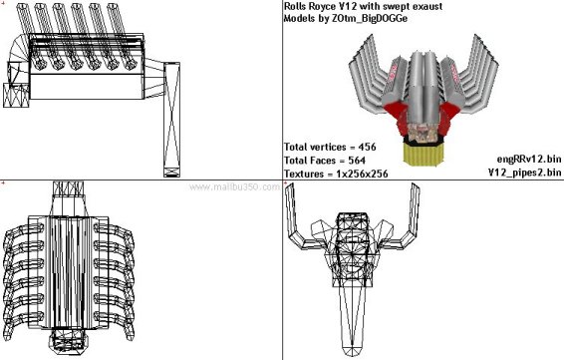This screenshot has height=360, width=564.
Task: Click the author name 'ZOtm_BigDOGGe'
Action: pyautogui.click(x=371, y=18)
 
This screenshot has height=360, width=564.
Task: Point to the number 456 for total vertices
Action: pyautogui.click(x=368, y=147)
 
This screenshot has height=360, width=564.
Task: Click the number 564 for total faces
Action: pyautogui.click(x=357, y=161)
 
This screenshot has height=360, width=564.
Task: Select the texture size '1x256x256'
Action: pyautogui.click(x=362, y=174)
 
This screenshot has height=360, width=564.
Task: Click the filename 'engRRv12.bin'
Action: pyautogui.click(x=529, y=159)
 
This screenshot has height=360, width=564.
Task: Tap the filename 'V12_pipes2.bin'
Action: pyautogui.click(x=524, y=173)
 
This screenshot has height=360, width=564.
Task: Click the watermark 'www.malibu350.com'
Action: pyautogui.click(x=234, y=187)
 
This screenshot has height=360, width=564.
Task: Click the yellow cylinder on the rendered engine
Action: pyautogui.click(x=423, y=154)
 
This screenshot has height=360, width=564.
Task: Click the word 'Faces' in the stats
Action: pyautogui.click(x=321, y=161)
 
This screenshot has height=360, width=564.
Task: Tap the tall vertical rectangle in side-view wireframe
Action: pyautogui.click(x=172, y=120)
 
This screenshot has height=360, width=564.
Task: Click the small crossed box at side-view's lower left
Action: pyautogui.click(x=16, y=96)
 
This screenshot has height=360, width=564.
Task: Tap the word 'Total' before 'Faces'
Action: pyautogui.click(x=296, y=161)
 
